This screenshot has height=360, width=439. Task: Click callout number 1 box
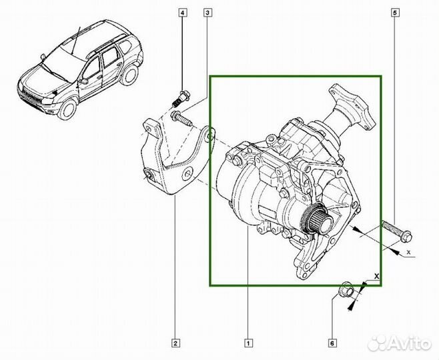point(248,344)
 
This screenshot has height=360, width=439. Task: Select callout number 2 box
point(175,344)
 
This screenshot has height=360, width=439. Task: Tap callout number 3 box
point(208,13)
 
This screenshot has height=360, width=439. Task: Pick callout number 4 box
point(183,13)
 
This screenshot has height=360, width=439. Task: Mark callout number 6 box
point(332,344)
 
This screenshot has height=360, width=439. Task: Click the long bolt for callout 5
point(398,231)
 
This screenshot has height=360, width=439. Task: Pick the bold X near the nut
point(376,275)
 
